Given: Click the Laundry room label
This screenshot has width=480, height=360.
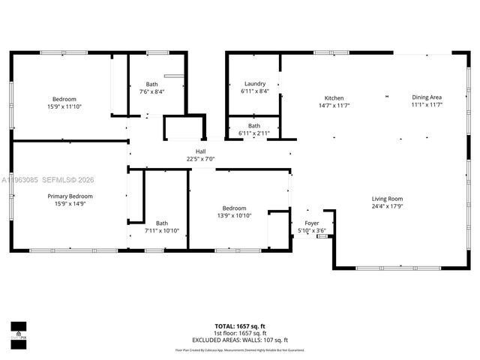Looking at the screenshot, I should point(255,83).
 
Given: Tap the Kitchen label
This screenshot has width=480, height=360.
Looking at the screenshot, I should point(334,98).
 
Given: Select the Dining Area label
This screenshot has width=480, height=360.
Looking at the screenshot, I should point(427,97).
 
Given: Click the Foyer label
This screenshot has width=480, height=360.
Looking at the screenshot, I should point(312,223).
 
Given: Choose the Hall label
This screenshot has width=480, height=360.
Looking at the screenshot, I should point(201,151).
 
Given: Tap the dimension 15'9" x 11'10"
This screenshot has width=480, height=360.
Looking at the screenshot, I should point(64,106).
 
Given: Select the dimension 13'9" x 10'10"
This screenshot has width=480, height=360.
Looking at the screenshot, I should point(234,215).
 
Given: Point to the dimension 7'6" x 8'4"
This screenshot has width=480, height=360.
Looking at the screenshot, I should point(152,91).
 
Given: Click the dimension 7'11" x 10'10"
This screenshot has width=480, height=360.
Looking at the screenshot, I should point(162,230).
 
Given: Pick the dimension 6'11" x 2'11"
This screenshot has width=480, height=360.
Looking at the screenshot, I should point(255,133).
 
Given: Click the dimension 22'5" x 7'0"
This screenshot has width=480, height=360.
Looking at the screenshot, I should point(201,159).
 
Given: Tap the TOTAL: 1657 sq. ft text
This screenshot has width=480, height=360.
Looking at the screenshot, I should point(240,326).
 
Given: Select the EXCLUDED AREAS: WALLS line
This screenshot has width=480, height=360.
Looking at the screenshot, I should point(240,340).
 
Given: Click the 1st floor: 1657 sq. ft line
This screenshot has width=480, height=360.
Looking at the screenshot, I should point(240,333).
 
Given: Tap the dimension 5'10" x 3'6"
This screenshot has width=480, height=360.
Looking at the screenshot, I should point(312,230).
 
